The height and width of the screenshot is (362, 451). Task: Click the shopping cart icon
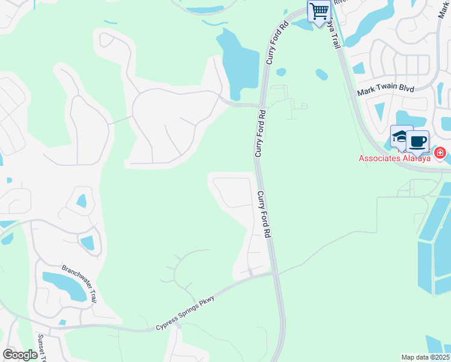click(319, 10)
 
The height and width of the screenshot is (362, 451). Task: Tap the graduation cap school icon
click(400, 137)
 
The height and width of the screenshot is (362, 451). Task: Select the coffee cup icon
click(417, 142)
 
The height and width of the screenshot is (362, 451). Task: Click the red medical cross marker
click(441, 153)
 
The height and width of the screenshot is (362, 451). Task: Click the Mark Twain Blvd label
click(385, 90)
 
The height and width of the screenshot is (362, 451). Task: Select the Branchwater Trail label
click(79, 284)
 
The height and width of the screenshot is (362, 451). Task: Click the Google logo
click(20, 355)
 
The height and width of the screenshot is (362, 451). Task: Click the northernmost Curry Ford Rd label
click(277, 42)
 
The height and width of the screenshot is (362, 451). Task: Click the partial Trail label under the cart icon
click(333, 33)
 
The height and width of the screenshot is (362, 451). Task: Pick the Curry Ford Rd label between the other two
click(260, 133)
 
